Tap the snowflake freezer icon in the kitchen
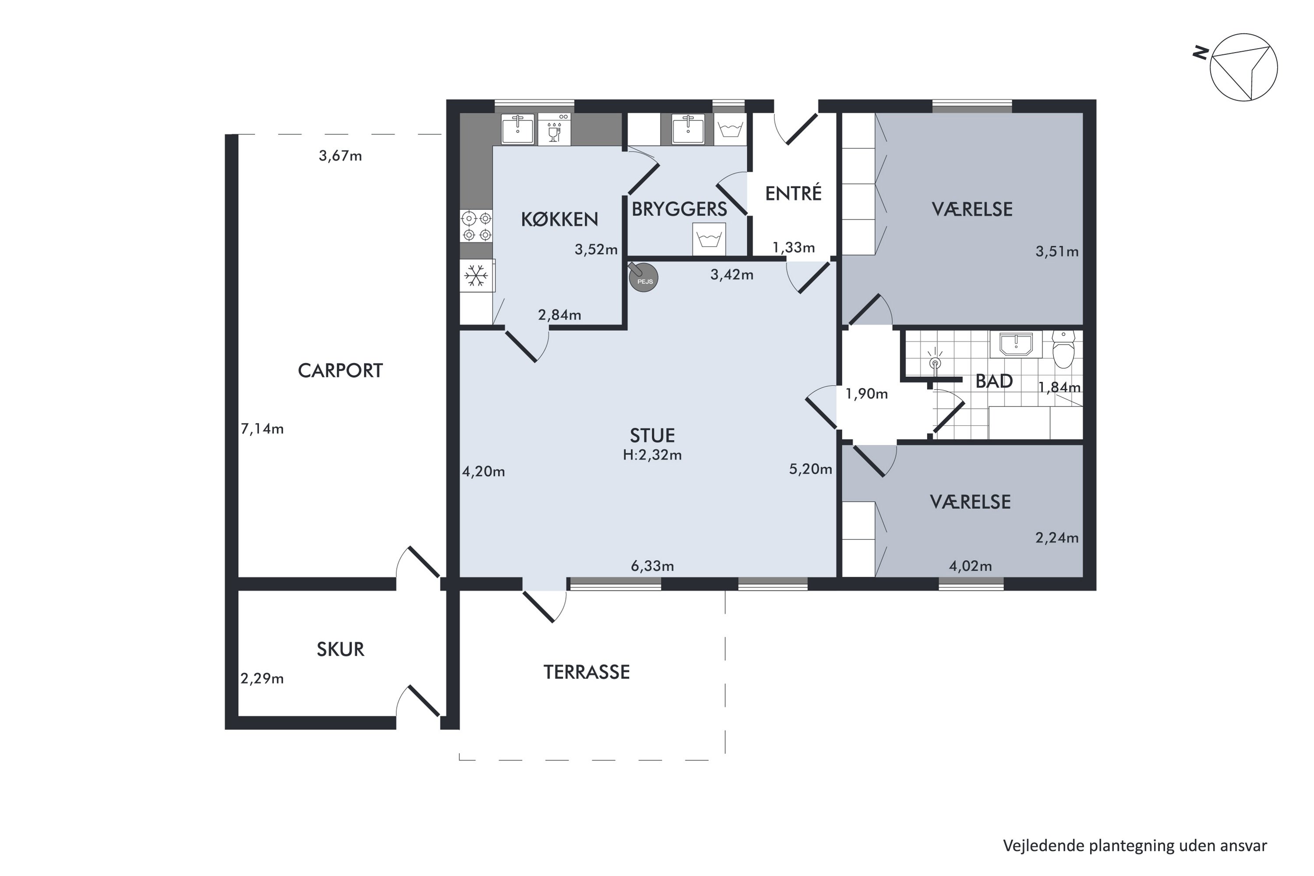click(476, 276)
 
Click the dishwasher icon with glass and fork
click(554, 130)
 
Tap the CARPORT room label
click(340, 371)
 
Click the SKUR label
click(340, 649)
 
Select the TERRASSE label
click(586, 672)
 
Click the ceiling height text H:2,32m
click(653, 456)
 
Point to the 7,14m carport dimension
click(262, 429)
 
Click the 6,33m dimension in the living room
click(653, 566)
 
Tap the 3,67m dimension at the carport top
click(340, 156)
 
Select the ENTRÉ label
click(793, 193)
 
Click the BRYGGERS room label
click(679, 209)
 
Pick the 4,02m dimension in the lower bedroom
click(971, 566)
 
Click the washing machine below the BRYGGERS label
click(709, 239)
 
